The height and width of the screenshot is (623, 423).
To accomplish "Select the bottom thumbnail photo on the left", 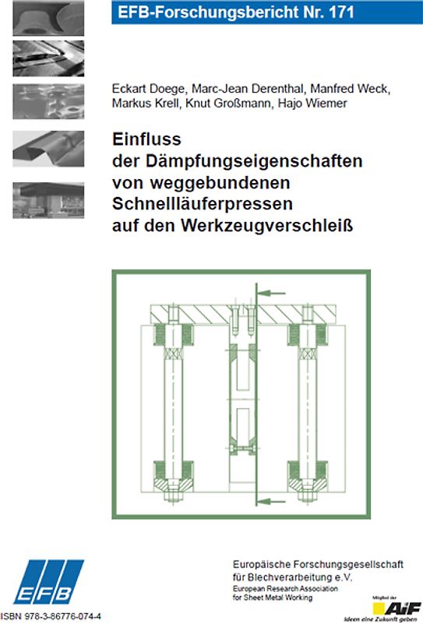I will (48, 201).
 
